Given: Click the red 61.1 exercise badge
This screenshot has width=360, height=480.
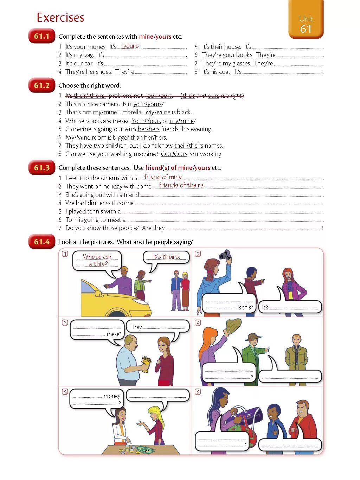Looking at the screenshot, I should coord(41,36).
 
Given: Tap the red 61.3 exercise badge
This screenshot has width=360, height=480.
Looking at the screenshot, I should coord(41,168).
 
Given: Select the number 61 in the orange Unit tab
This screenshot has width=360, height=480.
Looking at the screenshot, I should coord(306,29).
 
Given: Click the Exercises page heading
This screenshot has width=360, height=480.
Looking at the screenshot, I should coord(60,18).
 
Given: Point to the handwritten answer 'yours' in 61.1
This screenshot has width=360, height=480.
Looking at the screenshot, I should coord(131,46).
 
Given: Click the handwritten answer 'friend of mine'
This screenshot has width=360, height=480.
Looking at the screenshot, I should coord(163,177).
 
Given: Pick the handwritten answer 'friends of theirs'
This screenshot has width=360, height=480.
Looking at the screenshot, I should coord(181,185).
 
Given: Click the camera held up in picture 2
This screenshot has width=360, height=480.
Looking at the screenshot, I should coord(224,254).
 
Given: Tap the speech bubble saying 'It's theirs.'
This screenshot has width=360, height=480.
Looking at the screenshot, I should coord(166,257).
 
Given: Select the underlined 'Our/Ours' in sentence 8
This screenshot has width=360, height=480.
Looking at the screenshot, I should coord(174,154).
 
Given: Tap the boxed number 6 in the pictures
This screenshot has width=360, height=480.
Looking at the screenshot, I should coord(198,392).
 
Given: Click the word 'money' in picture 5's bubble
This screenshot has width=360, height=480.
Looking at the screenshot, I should coord(112,396).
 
